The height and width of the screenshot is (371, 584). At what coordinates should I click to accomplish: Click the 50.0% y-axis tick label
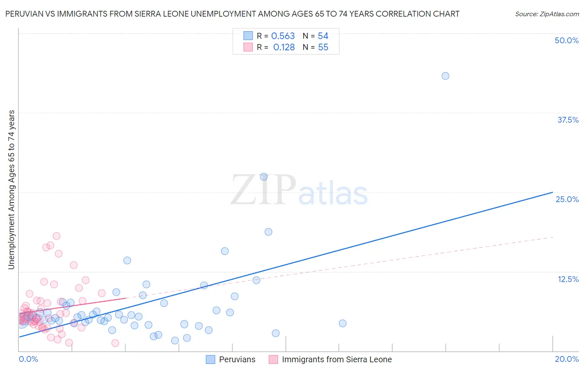pos(567,40)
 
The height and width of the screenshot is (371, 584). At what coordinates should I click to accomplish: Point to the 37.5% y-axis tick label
pos(568,120)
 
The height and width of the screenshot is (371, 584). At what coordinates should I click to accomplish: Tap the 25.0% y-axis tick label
pos(567,199)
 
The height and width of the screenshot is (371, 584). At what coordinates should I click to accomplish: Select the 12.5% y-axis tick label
pos(568,279)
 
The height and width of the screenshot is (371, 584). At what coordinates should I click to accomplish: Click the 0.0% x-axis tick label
pos(28,359)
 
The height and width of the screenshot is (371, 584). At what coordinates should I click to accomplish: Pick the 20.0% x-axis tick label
pos(567,359)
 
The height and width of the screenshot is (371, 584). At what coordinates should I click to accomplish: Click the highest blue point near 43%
pos(445,76)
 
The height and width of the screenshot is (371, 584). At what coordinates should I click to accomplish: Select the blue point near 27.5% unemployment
pos(264,177)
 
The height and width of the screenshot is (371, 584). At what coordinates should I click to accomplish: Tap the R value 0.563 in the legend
pos(283,36)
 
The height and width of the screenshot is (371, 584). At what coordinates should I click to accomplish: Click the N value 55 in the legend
pos(323,47)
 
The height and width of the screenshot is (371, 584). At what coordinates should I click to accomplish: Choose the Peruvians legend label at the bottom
pos(237,359)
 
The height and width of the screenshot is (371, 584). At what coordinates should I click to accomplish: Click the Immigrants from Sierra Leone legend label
pos(337,359)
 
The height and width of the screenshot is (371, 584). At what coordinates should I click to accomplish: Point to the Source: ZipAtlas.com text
pos(547,14)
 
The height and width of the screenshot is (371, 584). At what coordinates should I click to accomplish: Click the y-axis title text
pos(11,189)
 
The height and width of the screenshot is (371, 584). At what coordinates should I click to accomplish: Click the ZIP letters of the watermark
pos(263,190)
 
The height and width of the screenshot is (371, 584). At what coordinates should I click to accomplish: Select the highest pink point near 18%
pos(56,236)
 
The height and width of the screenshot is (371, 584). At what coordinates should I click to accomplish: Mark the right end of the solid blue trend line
pos(552,192)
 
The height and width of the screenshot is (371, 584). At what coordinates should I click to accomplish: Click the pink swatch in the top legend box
pos(248,47)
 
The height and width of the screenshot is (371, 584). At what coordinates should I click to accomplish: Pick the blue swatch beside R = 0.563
pos(248,36)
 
